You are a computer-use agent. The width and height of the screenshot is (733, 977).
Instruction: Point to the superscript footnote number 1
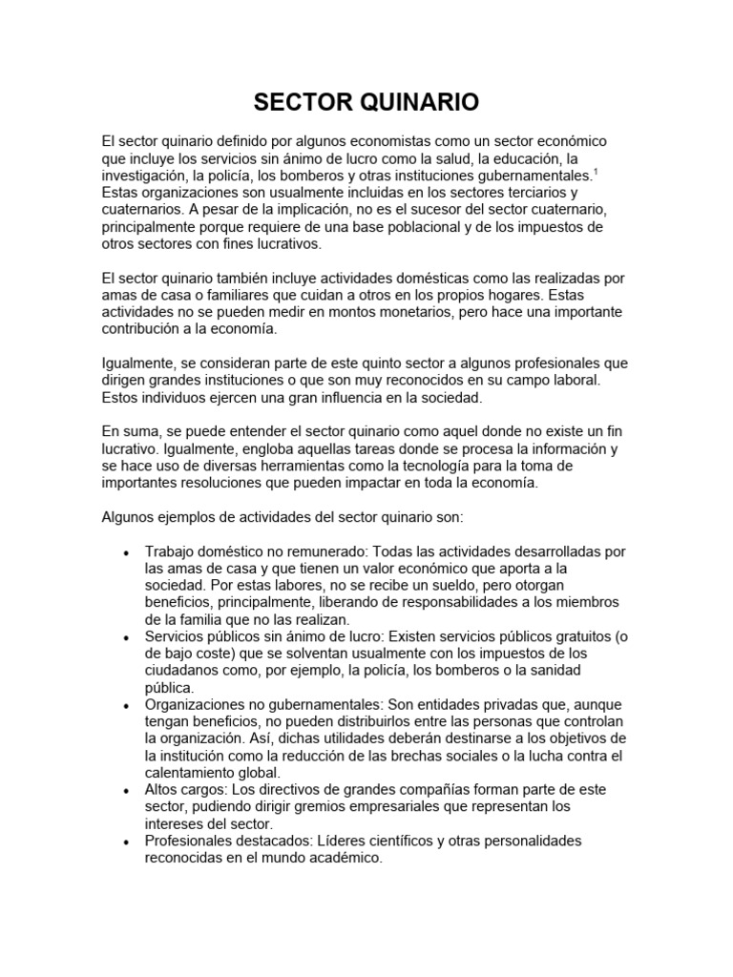[x=596, y=172]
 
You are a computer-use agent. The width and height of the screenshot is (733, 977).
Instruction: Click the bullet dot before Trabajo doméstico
[x=126, y=552]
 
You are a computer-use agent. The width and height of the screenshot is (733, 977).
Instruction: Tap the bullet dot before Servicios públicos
[x=126, y=638]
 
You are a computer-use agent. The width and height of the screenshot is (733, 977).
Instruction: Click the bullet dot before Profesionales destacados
[x=126, y=842]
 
